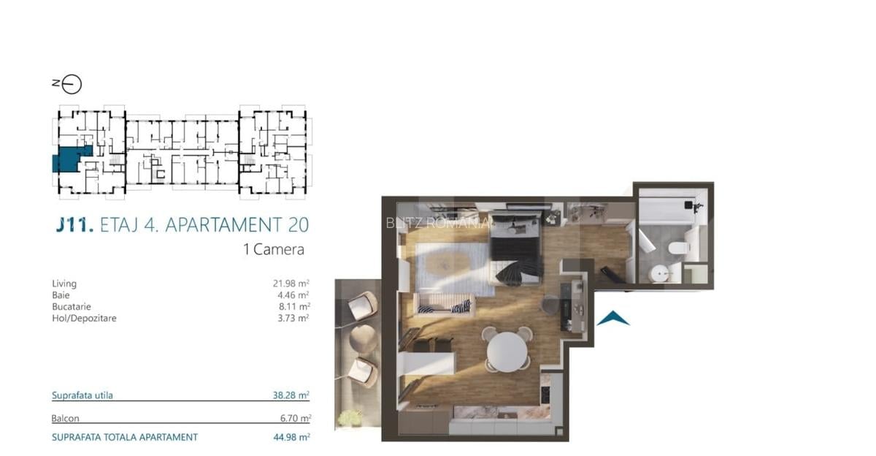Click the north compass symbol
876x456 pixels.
pos(72,84)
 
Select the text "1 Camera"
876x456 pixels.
pos(273,249)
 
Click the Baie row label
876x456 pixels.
pos(61,295)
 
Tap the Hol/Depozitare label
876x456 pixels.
pos(84,319)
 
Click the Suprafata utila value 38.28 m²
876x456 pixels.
pos(291,395)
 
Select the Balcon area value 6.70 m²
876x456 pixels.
pos(293,419)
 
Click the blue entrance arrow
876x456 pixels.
pos(613,318)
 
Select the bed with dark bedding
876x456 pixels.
pos(515,252)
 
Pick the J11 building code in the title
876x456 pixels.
pos(74,224)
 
